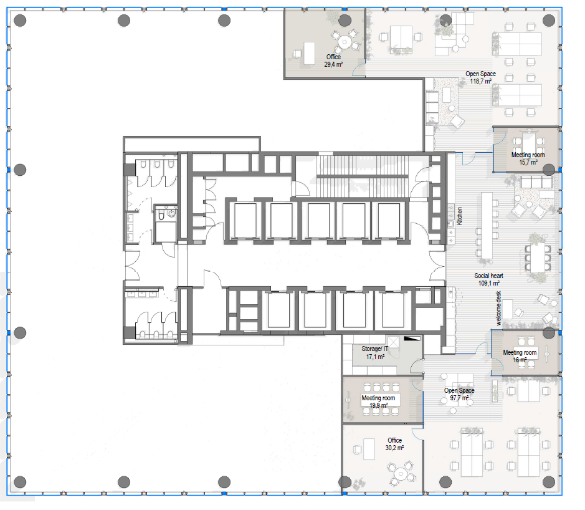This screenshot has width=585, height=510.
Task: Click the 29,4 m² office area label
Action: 333,60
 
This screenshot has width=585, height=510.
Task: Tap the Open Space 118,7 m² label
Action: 480,77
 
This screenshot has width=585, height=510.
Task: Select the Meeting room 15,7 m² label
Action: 528,158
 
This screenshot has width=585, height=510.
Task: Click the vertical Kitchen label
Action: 460,216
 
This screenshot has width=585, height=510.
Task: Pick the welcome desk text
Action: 498,309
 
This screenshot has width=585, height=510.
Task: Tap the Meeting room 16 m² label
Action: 520,356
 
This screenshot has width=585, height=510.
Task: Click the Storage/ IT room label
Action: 375,353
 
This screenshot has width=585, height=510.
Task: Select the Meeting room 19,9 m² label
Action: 378,402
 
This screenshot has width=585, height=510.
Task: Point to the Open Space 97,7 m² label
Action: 459,394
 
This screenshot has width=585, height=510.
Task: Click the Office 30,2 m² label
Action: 394,444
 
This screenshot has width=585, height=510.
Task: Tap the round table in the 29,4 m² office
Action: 345,42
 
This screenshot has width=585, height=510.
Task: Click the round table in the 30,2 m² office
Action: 401,473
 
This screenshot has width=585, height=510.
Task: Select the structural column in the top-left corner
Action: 20,21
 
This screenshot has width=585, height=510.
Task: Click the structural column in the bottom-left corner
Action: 20,482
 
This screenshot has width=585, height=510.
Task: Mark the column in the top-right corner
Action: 548,21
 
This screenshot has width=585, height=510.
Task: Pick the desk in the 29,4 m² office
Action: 309,54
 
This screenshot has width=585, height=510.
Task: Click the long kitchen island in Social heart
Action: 487,225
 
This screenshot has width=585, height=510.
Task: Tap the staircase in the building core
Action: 362,175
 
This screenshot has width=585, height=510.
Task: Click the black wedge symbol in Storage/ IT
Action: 412,339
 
